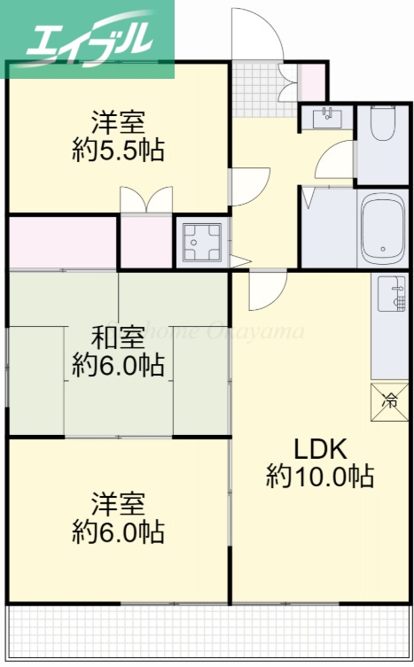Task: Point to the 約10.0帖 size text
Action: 319,477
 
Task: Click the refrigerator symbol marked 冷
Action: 390,400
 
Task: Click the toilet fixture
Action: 382,128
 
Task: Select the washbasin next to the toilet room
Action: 326,117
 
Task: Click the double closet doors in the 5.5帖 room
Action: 145,199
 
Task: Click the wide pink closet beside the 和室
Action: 63,242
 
